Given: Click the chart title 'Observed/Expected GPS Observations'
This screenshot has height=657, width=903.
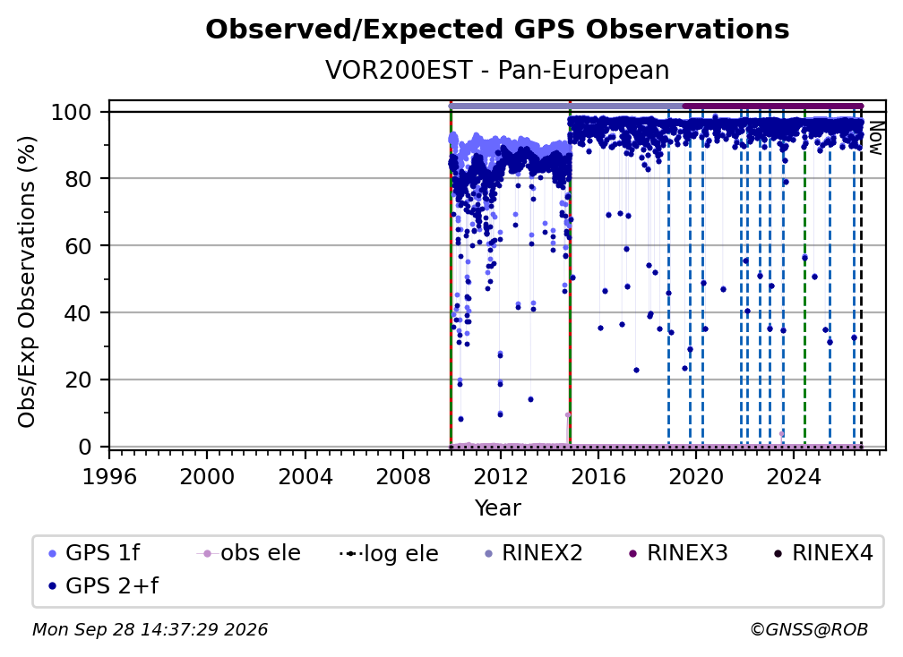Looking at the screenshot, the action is click(497, 30).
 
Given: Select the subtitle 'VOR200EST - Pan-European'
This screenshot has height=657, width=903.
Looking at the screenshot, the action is click(497, 71).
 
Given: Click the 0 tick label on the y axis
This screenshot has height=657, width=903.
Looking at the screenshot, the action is click(85, 447).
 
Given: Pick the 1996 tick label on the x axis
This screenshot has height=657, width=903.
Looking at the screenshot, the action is click(109, 477).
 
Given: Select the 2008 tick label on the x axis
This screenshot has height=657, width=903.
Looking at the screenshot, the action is click(402, 477).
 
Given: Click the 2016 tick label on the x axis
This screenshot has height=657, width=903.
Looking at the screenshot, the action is click(598, 477).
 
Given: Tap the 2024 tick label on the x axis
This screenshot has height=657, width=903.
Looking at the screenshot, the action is click(793, 477).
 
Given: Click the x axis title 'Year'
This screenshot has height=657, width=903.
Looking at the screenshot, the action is click(497, 508).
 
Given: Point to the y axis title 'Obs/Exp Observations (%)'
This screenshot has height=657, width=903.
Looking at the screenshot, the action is click(27, 281).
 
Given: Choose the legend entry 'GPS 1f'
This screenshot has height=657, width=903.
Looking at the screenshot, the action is click(94, 553).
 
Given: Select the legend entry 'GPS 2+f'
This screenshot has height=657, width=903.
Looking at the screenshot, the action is click(104, 585).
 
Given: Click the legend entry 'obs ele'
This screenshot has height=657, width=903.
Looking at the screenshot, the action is click(249, 553).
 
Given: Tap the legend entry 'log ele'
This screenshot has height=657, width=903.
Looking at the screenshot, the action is click(390, 554).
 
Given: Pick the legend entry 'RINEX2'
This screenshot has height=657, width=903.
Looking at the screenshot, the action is click(533, 553).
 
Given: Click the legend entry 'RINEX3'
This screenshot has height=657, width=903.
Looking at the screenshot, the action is click(678, 553).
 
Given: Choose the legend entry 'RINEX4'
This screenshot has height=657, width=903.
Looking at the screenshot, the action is click(823, 553).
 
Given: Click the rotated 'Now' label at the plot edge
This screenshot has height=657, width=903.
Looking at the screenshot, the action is click(875, 138).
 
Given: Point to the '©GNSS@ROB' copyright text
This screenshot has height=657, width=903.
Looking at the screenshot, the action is click(809, 630).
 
